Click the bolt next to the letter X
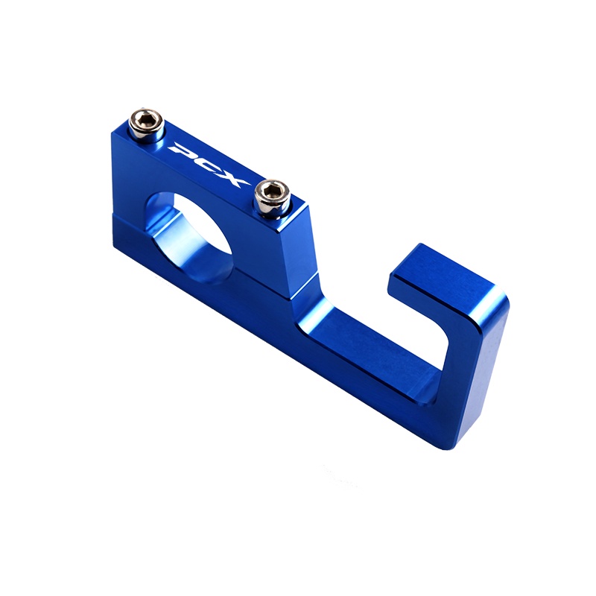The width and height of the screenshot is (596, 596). point(271,197)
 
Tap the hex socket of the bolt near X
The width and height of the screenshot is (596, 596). point(272,192)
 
